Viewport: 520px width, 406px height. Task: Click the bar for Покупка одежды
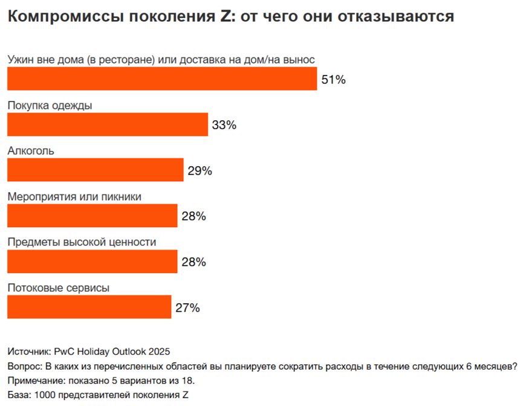[107, 124]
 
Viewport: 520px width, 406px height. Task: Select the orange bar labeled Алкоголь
[95, 170]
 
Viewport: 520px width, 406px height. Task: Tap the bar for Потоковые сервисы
[89, 307]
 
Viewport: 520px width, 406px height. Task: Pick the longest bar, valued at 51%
[161, 79]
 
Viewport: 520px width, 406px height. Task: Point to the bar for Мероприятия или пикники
[92, 216]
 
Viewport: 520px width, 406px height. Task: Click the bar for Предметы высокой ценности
[92, 262]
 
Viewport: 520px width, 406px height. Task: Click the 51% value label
[333, 79]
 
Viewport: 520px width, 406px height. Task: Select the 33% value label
[224, 125]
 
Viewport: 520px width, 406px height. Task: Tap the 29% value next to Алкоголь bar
[200, 171]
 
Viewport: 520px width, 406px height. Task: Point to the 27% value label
[187, 308]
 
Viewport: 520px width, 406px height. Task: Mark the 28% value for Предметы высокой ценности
[193, 262]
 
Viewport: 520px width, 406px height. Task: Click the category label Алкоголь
[31, 151]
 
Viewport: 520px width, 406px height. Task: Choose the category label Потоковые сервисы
[58, 288]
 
